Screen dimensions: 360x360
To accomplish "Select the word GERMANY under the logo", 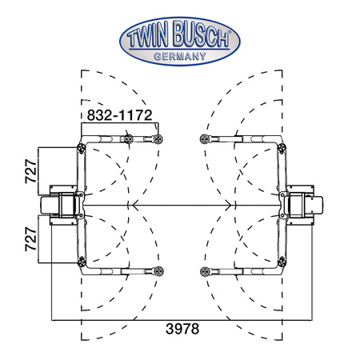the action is pyautogui.click(x=180, y=56).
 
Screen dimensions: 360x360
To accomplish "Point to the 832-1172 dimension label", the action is pyautogui.click(x=119, y=115).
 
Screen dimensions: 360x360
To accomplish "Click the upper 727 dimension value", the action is pyautogui.click(x=30, y=171).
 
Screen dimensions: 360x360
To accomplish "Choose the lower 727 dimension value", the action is pyautogui.click(x=30, y=239).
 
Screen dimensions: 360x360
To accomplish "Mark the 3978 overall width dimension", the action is pyautogui.click(x=182, y=329).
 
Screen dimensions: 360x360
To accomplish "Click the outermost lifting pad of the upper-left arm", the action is pyautogui.click(x=158, y=139).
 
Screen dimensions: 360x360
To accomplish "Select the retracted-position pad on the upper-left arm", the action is pyautogui.click(x=129, y=139).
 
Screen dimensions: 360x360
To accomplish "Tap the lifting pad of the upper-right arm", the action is pyautogui.click(x=205, y=139).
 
